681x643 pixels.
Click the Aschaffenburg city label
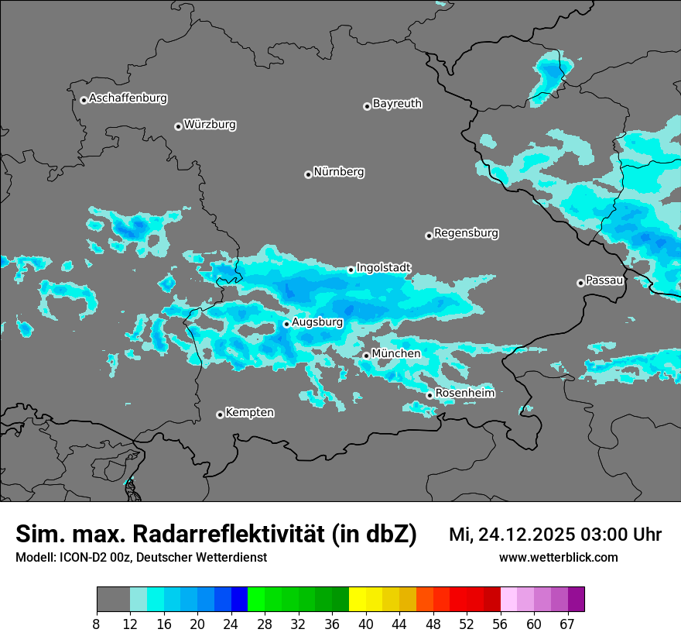point(128,98)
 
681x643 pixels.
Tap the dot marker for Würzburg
point(178,126)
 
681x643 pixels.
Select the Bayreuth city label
point(397,103)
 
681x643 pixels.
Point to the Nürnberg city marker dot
point(308,174)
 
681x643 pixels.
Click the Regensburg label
point(466,232)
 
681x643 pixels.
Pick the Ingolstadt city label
point(384,267)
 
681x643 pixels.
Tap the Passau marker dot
point(580,283)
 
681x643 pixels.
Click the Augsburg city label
point(317,321)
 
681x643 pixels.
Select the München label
point(396,353)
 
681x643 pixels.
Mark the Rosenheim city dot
point(429,395)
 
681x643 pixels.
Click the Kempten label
point(249,412)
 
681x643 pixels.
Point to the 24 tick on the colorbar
point(231,624)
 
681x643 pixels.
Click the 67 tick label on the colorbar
point(567,624)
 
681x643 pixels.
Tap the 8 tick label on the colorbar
point(97,624)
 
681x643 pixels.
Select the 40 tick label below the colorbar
point(366,624)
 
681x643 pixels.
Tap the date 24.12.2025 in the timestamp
point(524,535)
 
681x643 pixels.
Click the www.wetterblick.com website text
point(558,558)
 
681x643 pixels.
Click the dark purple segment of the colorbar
point(576,599)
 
